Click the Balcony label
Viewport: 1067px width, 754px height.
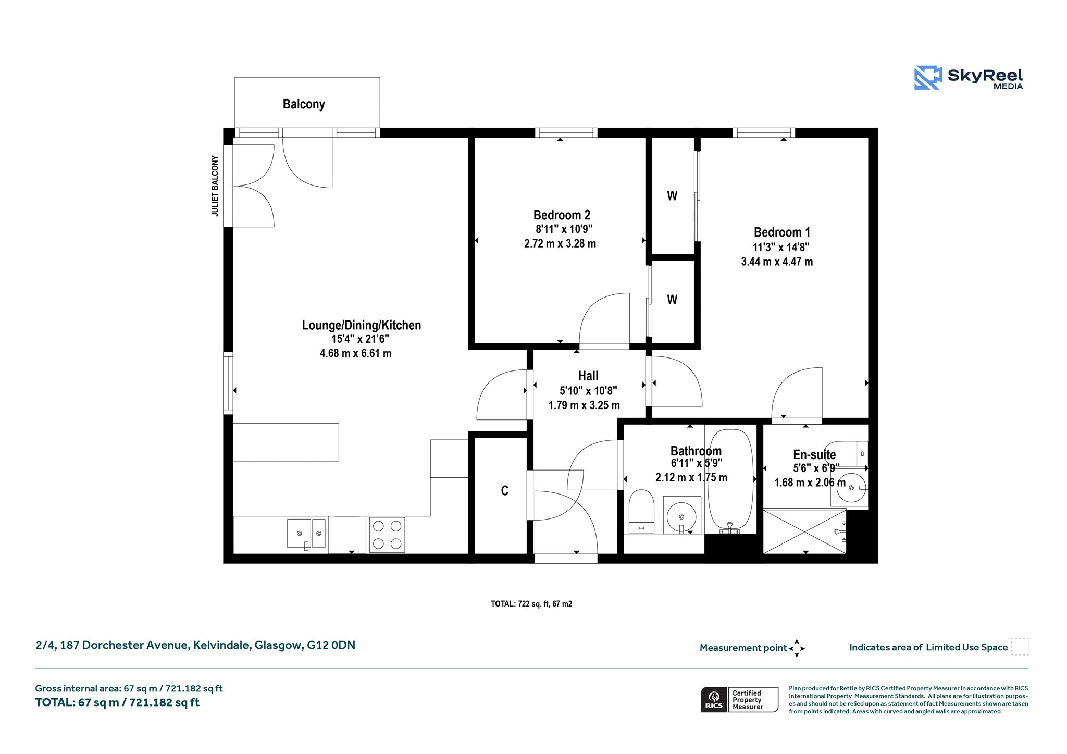304,104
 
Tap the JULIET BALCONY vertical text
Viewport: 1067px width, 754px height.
215,186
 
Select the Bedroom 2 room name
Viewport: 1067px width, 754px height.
562,215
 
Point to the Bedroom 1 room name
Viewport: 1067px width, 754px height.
781,232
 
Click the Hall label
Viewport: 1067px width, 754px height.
588,376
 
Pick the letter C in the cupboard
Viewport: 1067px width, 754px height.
504,491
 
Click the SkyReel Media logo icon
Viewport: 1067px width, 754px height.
928,78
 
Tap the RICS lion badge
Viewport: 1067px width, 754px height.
714,700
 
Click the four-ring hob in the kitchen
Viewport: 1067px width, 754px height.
387,535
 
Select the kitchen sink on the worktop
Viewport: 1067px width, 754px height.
306,534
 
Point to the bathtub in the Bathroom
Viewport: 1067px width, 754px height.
730,480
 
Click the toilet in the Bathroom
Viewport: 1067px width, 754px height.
641,511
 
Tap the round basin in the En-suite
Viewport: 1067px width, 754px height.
851,488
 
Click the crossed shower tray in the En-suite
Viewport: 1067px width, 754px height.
804,531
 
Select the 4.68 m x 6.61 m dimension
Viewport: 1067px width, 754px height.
355,353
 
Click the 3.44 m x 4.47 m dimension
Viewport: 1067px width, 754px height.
777,262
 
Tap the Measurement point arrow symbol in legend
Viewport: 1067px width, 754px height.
797,648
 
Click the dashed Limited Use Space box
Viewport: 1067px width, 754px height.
1020,647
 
